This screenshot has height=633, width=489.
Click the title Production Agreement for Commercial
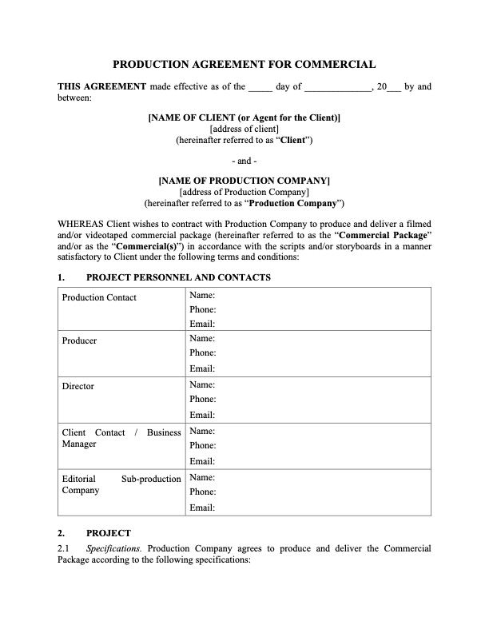tap(244, 65)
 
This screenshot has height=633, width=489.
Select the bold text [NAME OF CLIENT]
tap(244, 117)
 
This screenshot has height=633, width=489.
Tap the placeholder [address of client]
tap(244, 129)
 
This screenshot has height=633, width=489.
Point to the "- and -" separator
tap(244, 160)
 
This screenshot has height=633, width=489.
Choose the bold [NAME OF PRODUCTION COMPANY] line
tap(244, 180)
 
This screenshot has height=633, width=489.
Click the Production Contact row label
tap(99, 297)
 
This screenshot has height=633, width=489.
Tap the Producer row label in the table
tap(79, 340)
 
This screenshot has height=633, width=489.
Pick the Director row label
tap(78, 386)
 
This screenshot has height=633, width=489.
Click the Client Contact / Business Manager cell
tap(121, 438)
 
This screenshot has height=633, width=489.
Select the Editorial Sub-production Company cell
tap(121, 484)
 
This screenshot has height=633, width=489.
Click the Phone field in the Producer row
tap(203, 352)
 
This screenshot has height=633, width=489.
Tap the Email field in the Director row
tap(203, 415)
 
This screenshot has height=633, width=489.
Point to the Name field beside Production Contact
tap(203, 294)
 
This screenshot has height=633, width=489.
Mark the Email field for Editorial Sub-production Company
tap(203, 508)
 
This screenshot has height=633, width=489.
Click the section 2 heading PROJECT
tap(108, 532)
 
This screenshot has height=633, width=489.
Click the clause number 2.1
tap(64, 549)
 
